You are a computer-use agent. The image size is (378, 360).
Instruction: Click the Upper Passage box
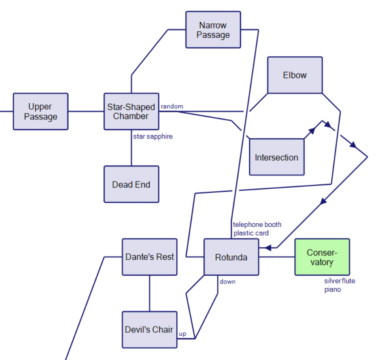point(40,111)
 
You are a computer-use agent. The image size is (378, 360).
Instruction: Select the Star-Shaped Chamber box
point(131,111)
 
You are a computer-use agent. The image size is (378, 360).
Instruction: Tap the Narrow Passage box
point(213,30)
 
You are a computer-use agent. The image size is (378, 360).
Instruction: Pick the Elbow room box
point(295,75)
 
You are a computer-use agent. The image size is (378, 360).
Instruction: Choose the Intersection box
point(276,157)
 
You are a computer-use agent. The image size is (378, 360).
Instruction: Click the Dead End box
point(131,184)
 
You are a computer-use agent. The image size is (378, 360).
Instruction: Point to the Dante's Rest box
point(150,257)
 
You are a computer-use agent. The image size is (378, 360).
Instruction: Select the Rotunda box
point(231,257)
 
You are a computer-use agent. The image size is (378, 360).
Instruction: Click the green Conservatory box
point(322,257)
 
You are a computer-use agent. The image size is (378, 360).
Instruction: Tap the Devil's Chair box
point(150,329)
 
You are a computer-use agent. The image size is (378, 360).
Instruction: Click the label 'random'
point(172,106)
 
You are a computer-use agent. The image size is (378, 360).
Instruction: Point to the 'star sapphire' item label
point(153,136)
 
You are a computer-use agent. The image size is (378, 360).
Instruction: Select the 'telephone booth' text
point(257,224)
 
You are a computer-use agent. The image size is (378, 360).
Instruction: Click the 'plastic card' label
point(251,233)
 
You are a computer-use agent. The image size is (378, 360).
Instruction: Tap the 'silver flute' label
point(340,281)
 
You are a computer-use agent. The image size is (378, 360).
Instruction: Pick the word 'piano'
point(333,289)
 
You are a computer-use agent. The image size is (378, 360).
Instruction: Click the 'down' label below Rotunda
point(228,281)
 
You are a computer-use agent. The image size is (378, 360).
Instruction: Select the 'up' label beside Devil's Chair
point(183,334)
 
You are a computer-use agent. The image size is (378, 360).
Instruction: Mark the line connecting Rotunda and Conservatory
point(276,257)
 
